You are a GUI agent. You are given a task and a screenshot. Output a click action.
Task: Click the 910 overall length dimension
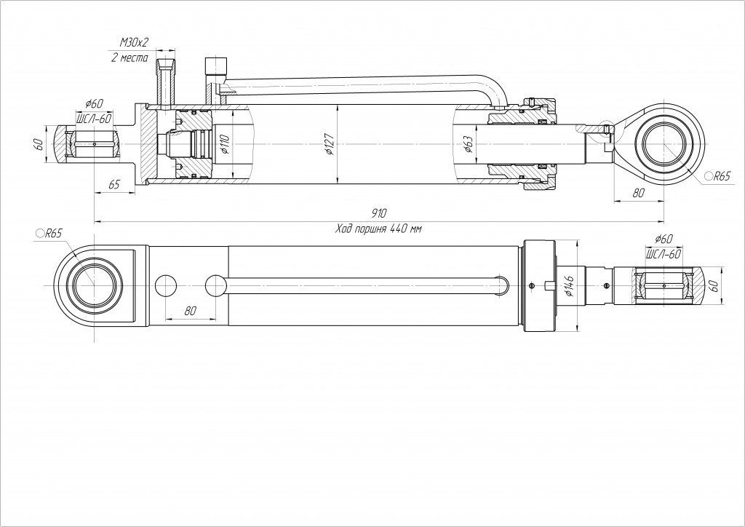(378, 213)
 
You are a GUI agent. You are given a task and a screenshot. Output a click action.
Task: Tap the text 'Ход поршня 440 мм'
(378, 229)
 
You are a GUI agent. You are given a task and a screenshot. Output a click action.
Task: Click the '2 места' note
(130, 58)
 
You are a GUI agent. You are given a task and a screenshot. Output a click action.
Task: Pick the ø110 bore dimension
(225, 146)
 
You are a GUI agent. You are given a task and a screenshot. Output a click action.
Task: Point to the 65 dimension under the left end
(114, 185)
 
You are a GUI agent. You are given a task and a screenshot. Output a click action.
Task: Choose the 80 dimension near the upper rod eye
(639, 194)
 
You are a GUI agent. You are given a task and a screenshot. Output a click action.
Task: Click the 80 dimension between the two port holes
(191, 310)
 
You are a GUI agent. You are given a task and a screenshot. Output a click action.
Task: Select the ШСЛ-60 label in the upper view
(94, 117)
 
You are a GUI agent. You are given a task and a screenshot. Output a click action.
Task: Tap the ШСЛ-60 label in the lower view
(663, 253)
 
